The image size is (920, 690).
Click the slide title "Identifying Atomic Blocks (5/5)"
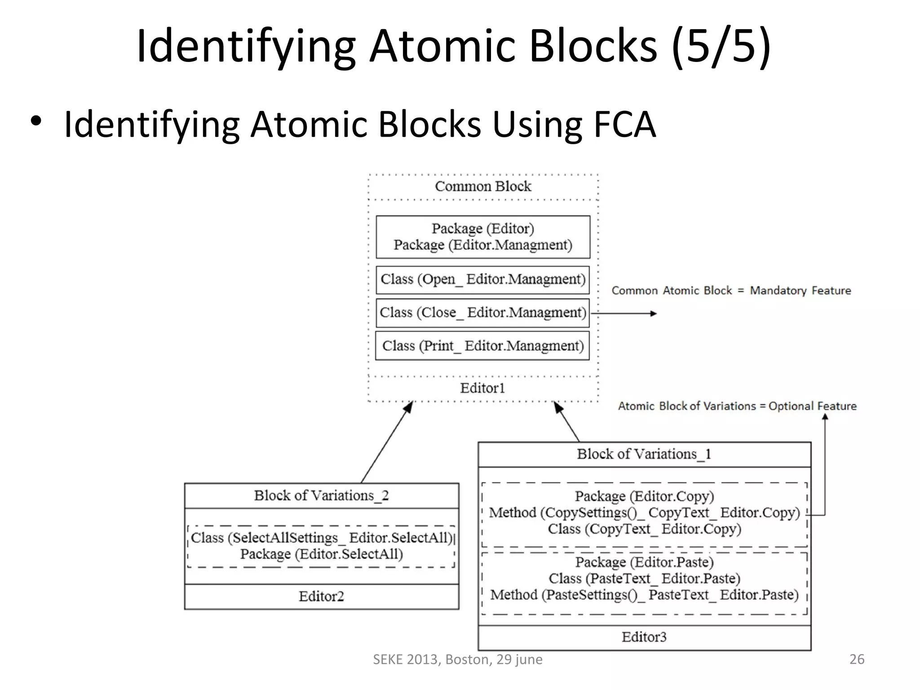(x=454, y=46)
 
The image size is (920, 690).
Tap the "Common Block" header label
(x=483, y=186)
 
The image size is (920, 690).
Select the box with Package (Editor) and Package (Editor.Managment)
(x=483, y=237)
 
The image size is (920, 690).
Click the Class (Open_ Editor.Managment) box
(x=483, y=279)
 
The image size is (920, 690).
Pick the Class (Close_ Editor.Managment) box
(x=483, y=313)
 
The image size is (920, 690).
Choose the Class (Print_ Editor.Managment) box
(x=483, y=346)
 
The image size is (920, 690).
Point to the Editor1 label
(x=482, y=388)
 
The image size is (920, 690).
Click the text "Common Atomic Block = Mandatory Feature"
(x=731, y=291)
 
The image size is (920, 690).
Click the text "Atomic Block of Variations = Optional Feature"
(x=737, y=406)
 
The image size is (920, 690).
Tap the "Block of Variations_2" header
(x=321, y=495)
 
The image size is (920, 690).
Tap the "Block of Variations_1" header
(x=644, y=454)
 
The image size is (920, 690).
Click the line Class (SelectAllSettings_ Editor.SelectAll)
(x=321, y=538)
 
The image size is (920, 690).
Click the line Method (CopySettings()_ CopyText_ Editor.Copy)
(x=644, y=513)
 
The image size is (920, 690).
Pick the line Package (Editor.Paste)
(x=644, y=562)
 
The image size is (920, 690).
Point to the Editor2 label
(x=321, y=597)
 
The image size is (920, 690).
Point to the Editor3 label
(x=644, y=637)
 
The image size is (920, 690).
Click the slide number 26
(x=857, y=659)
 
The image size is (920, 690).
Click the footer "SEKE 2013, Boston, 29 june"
(x=457, y=659)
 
